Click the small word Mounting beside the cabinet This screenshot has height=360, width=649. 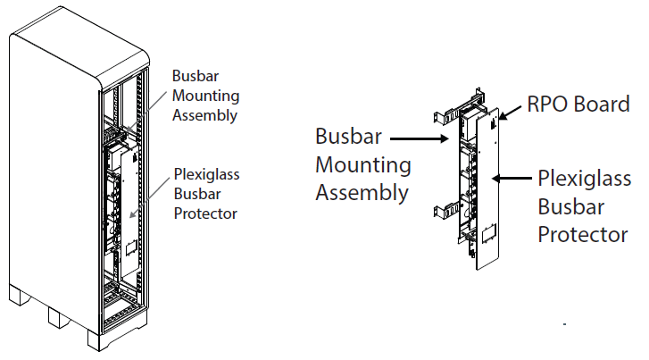click(204, 95)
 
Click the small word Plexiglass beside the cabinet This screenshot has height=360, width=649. click(208, 175)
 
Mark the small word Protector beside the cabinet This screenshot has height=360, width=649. click(206, 213)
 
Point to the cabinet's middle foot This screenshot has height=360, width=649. click(58, 317)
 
